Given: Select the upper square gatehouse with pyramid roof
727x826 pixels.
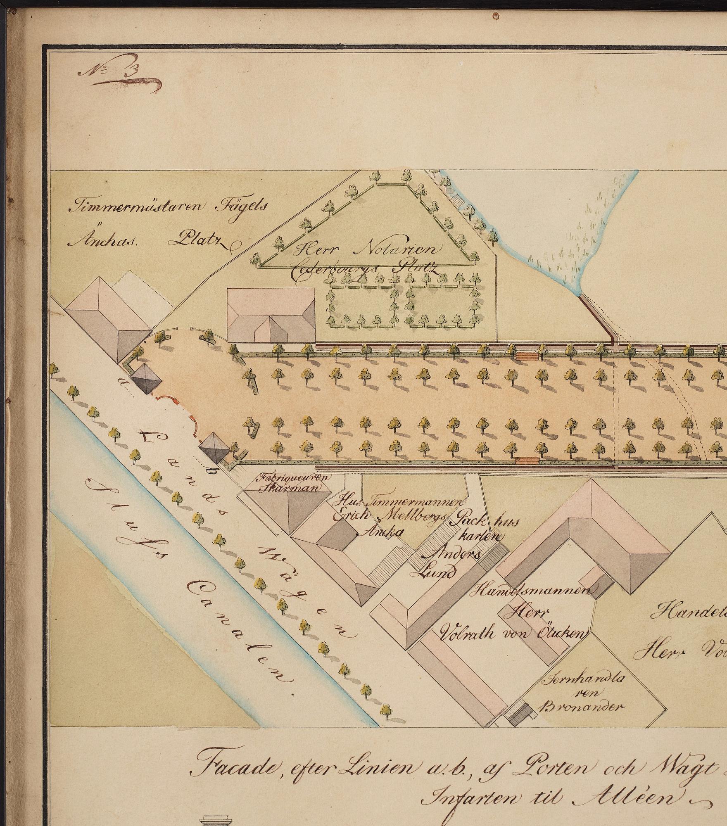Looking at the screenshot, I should point(145,378).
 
